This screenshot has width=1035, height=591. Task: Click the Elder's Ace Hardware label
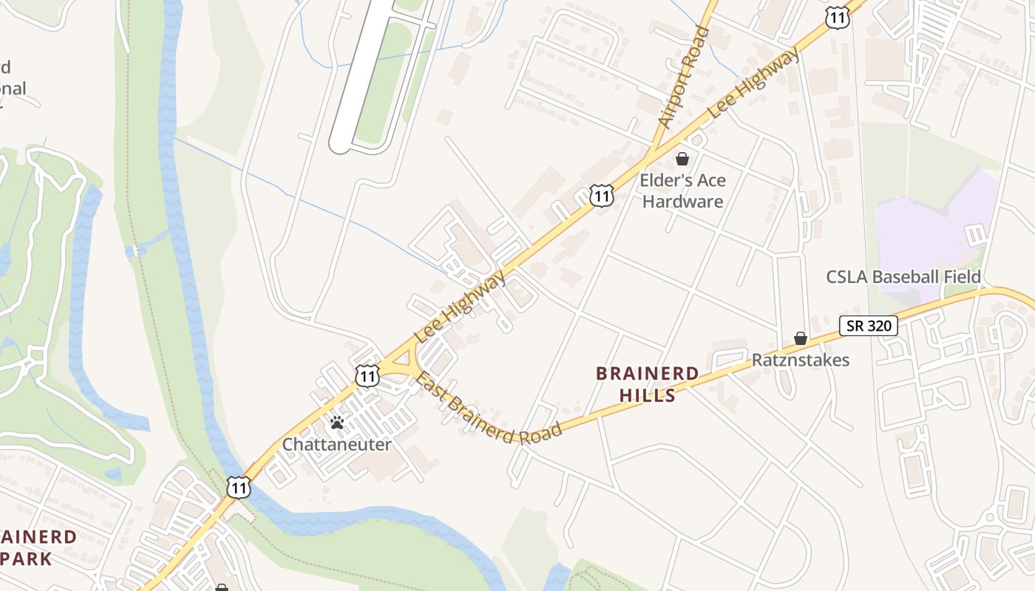click(682, 191)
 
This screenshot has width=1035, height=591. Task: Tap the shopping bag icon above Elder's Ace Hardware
click(682, 159)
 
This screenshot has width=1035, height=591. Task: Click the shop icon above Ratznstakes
click(801, 338)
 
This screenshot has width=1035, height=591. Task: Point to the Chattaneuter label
click(336, 445)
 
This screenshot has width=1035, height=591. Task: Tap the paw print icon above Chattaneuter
click(337, 423)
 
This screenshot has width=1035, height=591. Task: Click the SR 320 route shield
click(868, 326)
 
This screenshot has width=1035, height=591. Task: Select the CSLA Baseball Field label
click(903, 277)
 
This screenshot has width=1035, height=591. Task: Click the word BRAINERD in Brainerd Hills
click(647, 374)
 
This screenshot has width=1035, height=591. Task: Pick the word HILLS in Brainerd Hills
click(648, 395)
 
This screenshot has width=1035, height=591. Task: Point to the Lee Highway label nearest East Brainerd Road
click(460, 306)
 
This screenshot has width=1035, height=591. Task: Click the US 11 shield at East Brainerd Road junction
click(367, 375)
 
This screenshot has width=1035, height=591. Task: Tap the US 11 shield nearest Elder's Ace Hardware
click(602, 196)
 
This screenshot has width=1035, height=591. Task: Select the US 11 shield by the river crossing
click(238, 487)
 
